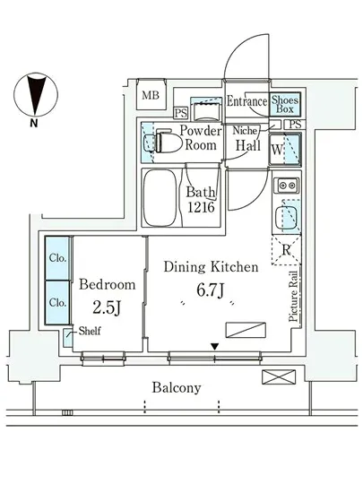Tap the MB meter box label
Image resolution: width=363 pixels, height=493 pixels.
[151, 95]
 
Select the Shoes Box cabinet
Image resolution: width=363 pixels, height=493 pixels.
[285, 104]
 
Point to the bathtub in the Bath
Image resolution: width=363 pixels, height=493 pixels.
[160, 198]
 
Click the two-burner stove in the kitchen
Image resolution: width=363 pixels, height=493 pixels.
[286, 185]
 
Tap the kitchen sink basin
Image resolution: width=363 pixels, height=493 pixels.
[286, 218]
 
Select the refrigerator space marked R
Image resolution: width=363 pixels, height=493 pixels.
[286, 250]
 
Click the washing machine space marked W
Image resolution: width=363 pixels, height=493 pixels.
[285, 149]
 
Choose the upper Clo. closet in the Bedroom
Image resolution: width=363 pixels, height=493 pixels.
[57, 258]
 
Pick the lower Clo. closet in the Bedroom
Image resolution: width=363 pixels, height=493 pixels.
[57, 302]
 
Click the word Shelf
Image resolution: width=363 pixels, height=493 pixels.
[90, 331]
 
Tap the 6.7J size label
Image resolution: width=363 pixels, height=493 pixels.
[211, 290]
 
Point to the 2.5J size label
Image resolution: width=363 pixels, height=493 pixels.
[107, 307]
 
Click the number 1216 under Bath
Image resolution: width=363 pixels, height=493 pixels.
[201, 207]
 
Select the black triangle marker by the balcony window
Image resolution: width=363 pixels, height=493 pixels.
[214, 347]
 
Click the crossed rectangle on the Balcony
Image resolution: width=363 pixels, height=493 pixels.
[279, 377]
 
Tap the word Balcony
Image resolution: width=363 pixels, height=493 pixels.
[177, 387]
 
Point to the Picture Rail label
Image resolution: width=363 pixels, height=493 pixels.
[293, 296]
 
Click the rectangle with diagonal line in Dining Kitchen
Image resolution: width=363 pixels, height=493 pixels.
[246, 330]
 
